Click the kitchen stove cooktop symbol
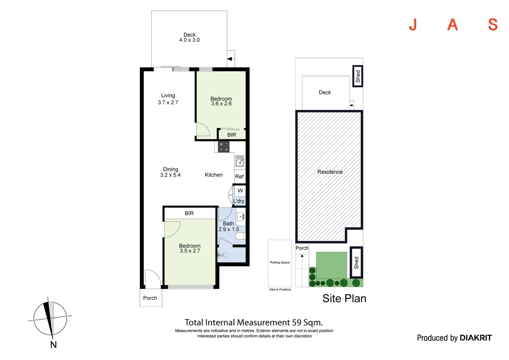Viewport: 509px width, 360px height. (x=224, y=147)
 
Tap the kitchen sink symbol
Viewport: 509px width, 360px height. (x=240, y=161)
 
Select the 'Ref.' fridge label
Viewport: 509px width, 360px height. (x=240, y=177)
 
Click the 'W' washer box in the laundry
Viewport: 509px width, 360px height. (x=240, y=191)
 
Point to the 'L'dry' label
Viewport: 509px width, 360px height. (x=239, y=201)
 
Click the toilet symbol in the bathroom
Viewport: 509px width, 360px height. (x=240, y=236)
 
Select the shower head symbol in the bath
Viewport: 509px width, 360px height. (x=223, y=255)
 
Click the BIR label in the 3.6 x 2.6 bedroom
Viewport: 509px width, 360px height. (x=232, y=135)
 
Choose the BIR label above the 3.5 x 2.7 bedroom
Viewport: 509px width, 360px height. (x=189, y=213)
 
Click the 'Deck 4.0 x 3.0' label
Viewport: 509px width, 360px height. (x=190, y=37)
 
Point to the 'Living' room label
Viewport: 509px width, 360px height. (x=168, y=96)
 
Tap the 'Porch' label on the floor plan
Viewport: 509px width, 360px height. (x=150, y=298)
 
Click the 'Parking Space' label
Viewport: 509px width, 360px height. (x=280, y=263)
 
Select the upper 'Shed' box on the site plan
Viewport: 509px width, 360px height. (x=358, y=76)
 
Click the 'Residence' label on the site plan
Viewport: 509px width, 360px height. (x=330, y=172)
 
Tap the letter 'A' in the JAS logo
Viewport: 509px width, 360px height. (x=452, y=25)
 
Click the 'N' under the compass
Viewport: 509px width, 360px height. (x=53, y=345)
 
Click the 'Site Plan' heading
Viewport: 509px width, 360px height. (x=344, y=298)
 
